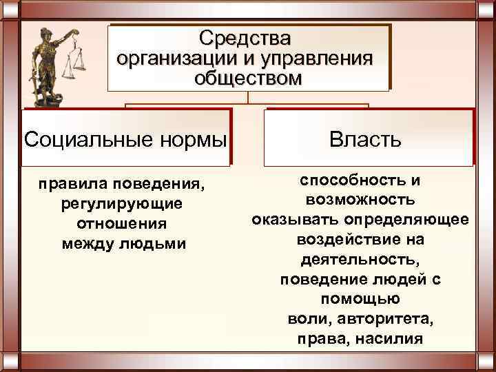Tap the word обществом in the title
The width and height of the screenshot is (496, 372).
(x=247, y=77)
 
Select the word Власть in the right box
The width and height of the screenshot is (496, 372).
(x=364, y=141)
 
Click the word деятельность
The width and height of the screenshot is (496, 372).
(x=360, y=260)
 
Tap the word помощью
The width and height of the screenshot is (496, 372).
(x=360, y=300)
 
